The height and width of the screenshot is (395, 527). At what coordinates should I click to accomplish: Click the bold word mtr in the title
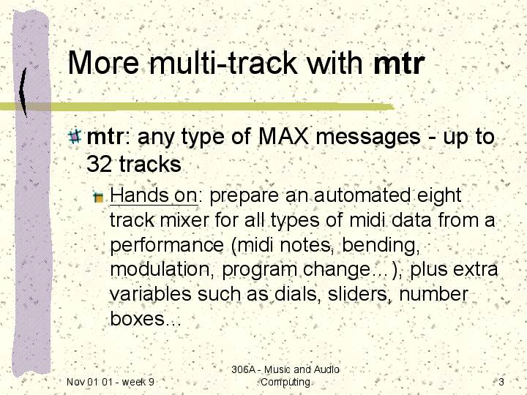click(x=399, y=63)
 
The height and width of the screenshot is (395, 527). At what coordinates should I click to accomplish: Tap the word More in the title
click(x=103, y=62)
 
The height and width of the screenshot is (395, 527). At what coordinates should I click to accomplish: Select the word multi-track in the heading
click(x=223, y=62)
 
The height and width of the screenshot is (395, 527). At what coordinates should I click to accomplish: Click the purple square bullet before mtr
click(x=74, y=136)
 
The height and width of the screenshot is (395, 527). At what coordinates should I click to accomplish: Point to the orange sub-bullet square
click(x=99, y=197)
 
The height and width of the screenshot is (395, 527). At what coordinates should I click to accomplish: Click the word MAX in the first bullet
click(x=283, y=136)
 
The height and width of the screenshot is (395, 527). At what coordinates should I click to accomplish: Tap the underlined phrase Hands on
click(x=154, y=195)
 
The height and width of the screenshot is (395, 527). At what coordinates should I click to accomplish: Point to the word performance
click(x=167, y=246)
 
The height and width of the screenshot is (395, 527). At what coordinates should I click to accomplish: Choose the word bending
click(x=381, y=246)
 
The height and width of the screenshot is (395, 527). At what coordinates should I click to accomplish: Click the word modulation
click(x=162, y=269)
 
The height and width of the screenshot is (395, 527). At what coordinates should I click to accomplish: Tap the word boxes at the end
click(x=137, y=318)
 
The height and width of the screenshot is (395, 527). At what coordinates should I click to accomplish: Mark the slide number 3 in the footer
click(x=501, y=382)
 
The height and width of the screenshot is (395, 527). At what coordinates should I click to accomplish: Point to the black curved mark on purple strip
click(x=23, y=92)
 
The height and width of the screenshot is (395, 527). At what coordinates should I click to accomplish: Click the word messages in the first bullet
click(x=368, y=137)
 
